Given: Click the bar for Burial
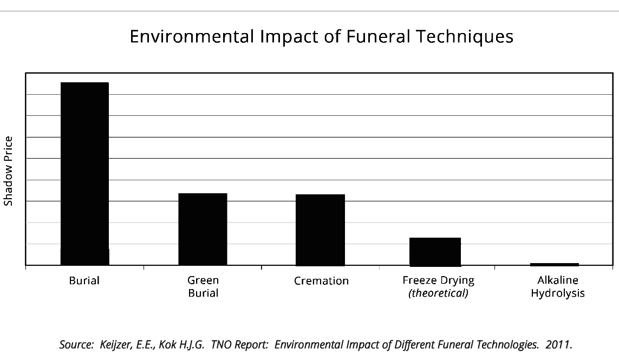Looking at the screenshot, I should pos(84,174).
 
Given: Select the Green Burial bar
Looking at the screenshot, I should pos(203,229).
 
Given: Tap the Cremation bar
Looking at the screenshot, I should pos(320,230).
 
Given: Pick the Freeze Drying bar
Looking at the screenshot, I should pos(435,252).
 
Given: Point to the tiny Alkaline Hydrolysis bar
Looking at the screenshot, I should pos(554,264).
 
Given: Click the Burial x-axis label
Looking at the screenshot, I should pos(84,281).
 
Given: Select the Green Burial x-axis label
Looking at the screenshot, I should pos(203,287).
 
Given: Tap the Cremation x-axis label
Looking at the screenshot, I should pos(321,281).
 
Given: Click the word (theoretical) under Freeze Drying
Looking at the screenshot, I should pos(438,293).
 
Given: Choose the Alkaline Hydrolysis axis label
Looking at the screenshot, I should pos(558,287).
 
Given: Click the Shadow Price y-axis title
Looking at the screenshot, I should pos(8,171).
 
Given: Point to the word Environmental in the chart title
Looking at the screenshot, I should pos(192,37).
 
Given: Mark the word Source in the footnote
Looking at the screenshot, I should pos(74,345).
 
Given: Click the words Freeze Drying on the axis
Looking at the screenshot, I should pos(438,280).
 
